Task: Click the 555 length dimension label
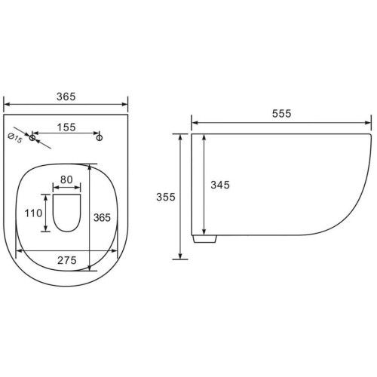(281, 114)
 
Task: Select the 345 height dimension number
(220, 185)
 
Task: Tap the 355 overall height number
(166, 197)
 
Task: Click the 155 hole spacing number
(66, 127)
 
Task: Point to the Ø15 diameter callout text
(15, 139)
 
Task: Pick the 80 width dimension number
(66, 179)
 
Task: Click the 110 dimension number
(33, 213)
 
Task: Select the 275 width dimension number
(67, 260)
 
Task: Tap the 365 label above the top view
(66, 97)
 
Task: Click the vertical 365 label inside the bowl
(102, 218)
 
